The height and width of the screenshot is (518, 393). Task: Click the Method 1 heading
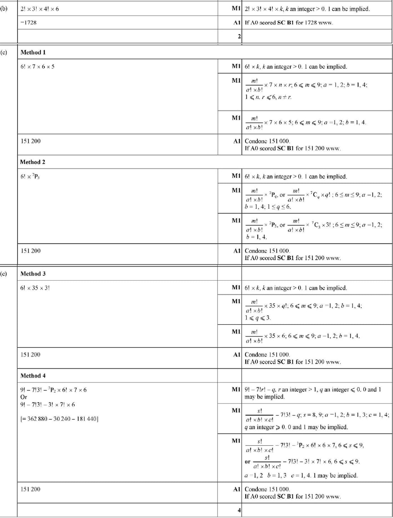[x=33, y=52]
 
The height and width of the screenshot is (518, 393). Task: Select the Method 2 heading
[x=33, y=162]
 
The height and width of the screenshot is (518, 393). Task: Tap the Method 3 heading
[x=33, y=273]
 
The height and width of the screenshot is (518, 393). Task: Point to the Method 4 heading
[x=33, y=376]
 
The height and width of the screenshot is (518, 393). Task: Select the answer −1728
[x=29, y=23]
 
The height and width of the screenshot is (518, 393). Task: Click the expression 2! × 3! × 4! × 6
[x=40, y=9]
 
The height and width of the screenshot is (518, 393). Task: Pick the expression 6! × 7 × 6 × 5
[x=38, y=66]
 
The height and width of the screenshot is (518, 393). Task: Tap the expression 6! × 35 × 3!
[x=35, y=288]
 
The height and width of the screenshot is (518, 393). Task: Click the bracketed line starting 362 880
[x=59, y=419]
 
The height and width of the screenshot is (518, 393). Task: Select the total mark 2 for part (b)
[x=239, y=36]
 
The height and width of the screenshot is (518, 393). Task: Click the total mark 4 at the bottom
[x=239, y=510]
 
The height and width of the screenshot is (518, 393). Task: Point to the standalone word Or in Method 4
[x=24, y=397]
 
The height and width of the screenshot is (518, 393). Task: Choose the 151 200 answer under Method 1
[x=31, y=141]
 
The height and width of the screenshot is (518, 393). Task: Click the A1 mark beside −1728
[x=237, y=23]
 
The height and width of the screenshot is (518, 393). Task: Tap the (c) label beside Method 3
[x=4, y=273]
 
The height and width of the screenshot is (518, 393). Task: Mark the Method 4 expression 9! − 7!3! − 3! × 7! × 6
[x=48, y=405]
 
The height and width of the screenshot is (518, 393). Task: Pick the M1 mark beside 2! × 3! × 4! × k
[x=236, y=9]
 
